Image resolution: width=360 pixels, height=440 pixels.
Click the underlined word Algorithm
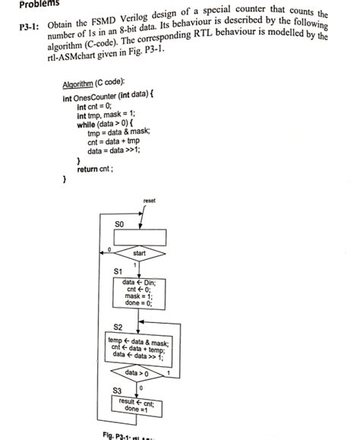(x=78, y=82)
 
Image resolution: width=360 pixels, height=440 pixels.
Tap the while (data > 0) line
(x=106, y=124)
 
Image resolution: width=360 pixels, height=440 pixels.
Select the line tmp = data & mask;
(x=119, y=132)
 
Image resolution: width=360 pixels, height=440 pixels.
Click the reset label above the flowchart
(x=149, y=201)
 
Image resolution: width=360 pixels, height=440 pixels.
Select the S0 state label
(x=119, y=224)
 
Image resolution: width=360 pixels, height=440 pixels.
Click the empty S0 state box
(x=139, y=236)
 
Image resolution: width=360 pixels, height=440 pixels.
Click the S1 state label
(x=118, y=271)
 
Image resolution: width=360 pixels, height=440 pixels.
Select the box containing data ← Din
(x=138, y=293)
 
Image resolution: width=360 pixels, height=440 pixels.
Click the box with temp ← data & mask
(x=138, y=348)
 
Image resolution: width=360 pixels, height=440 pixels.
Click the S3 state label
(x=118, y=391)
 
